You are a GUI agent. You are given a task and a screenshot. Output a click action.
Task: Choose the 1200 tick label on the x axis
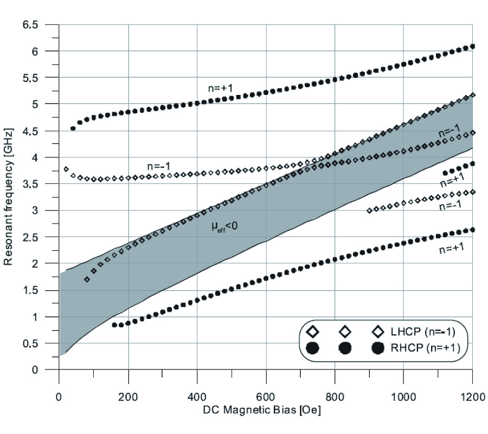[x=472, y=396]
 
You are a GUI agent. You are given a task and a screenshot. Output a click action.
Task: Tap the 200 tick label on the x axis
[x=128, y=396]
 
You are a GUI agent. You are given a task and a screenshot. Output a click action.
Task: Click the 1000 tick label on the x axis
[x=403, y=396]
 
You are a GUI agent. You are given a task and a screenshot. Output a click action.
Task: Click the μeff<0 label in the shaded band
[x=225, y=227]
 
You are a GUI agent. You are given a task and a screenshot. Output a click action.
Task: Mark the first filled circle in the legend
[x=312, y=349]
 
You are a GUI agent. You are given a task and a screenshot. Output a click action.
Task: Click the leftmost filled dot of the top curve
[x=73, y=129]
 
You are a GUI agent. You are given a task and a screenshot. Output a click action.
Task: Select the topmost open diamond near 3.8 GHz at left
[x=66, y=169]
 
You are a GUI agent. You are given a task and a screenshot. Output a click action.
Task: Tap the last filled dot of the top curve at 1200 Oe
[x=472, y=47]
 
